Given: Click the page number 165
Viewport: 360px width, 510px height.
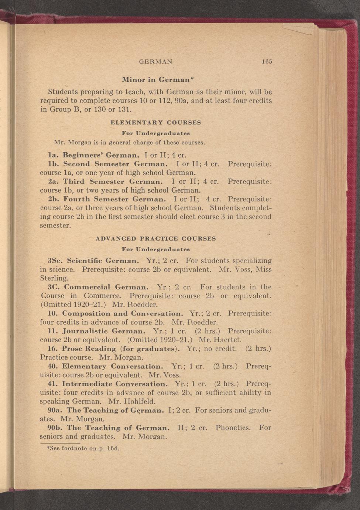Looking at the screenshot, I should [267, 62].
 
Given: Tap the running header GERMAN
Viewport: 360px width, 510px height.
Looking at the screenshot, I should [155, 62].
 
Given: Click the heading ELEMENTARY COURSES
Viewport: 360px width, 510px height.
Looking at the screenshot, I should [156, 122].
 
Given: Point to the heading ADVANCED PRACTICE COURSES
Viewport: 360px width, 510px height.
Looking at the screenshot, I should [156, 238].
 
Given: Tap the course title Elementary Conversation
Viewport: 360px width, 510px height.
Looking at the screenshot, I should [112, 367].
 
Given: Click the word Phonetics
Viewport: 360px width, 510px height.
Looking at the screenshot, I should [233, 428].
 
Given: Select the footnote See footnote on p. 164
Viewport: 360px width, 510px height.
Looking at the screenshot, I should [80, 448].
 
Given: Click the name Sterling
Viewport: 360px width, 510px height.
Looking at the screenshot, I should [54, 278].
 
